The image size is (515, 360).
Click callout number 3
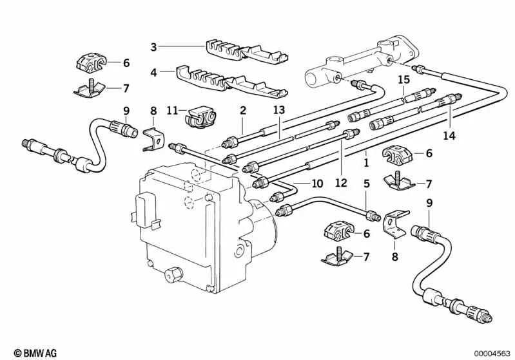point(153,46)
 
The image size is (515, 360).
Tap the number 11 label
point(171,111)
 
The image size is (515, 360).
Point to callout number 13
point(278,111)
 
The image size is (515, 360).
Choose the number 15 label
point(403,80)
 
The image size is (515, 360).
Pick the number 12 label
point(341,183)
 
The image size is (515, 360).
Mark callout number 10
point(316,184)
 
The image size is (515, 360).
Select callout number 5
point(366,183)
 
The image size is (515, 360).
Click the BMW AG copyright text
point(23,352)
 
